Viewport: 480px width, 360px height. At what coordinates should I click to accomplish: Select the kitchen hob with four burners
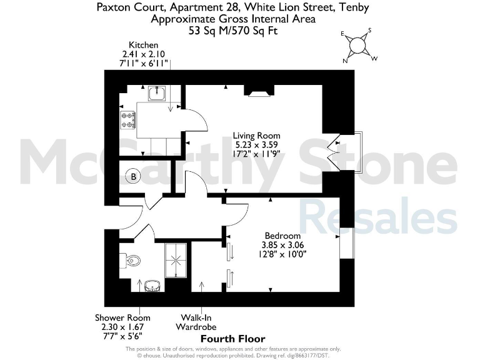coord(129,119)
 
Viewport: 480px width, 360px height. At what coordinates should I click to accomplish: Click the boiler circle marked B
coord(133,177)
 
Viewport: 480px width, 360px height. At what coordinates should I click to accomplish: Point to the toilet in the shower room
coord(132,259)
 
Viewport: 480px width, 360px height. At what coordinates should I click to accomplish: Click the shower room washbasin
coord(152,286)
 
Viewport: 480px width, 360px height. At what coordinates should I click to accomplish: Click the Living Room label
coord(256,136)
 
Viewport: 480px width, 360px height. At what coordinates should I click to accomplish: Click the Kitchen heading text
coord(143,45)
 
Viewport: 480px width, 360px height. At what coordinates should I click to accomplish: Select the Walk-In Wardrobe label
coord(199,322)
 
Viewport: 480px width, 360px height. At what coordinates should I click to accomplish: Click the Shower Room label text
coord(122,317)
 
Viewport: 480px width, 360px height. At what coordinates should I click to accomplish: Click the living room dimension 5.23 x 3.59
coord(256,145)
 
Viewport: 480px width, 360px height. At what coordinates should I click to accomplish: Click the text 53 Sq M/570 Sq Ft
coord(232,29)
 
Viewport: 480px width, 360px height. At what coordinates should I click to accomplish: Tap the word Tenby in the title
coord(352,7)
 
